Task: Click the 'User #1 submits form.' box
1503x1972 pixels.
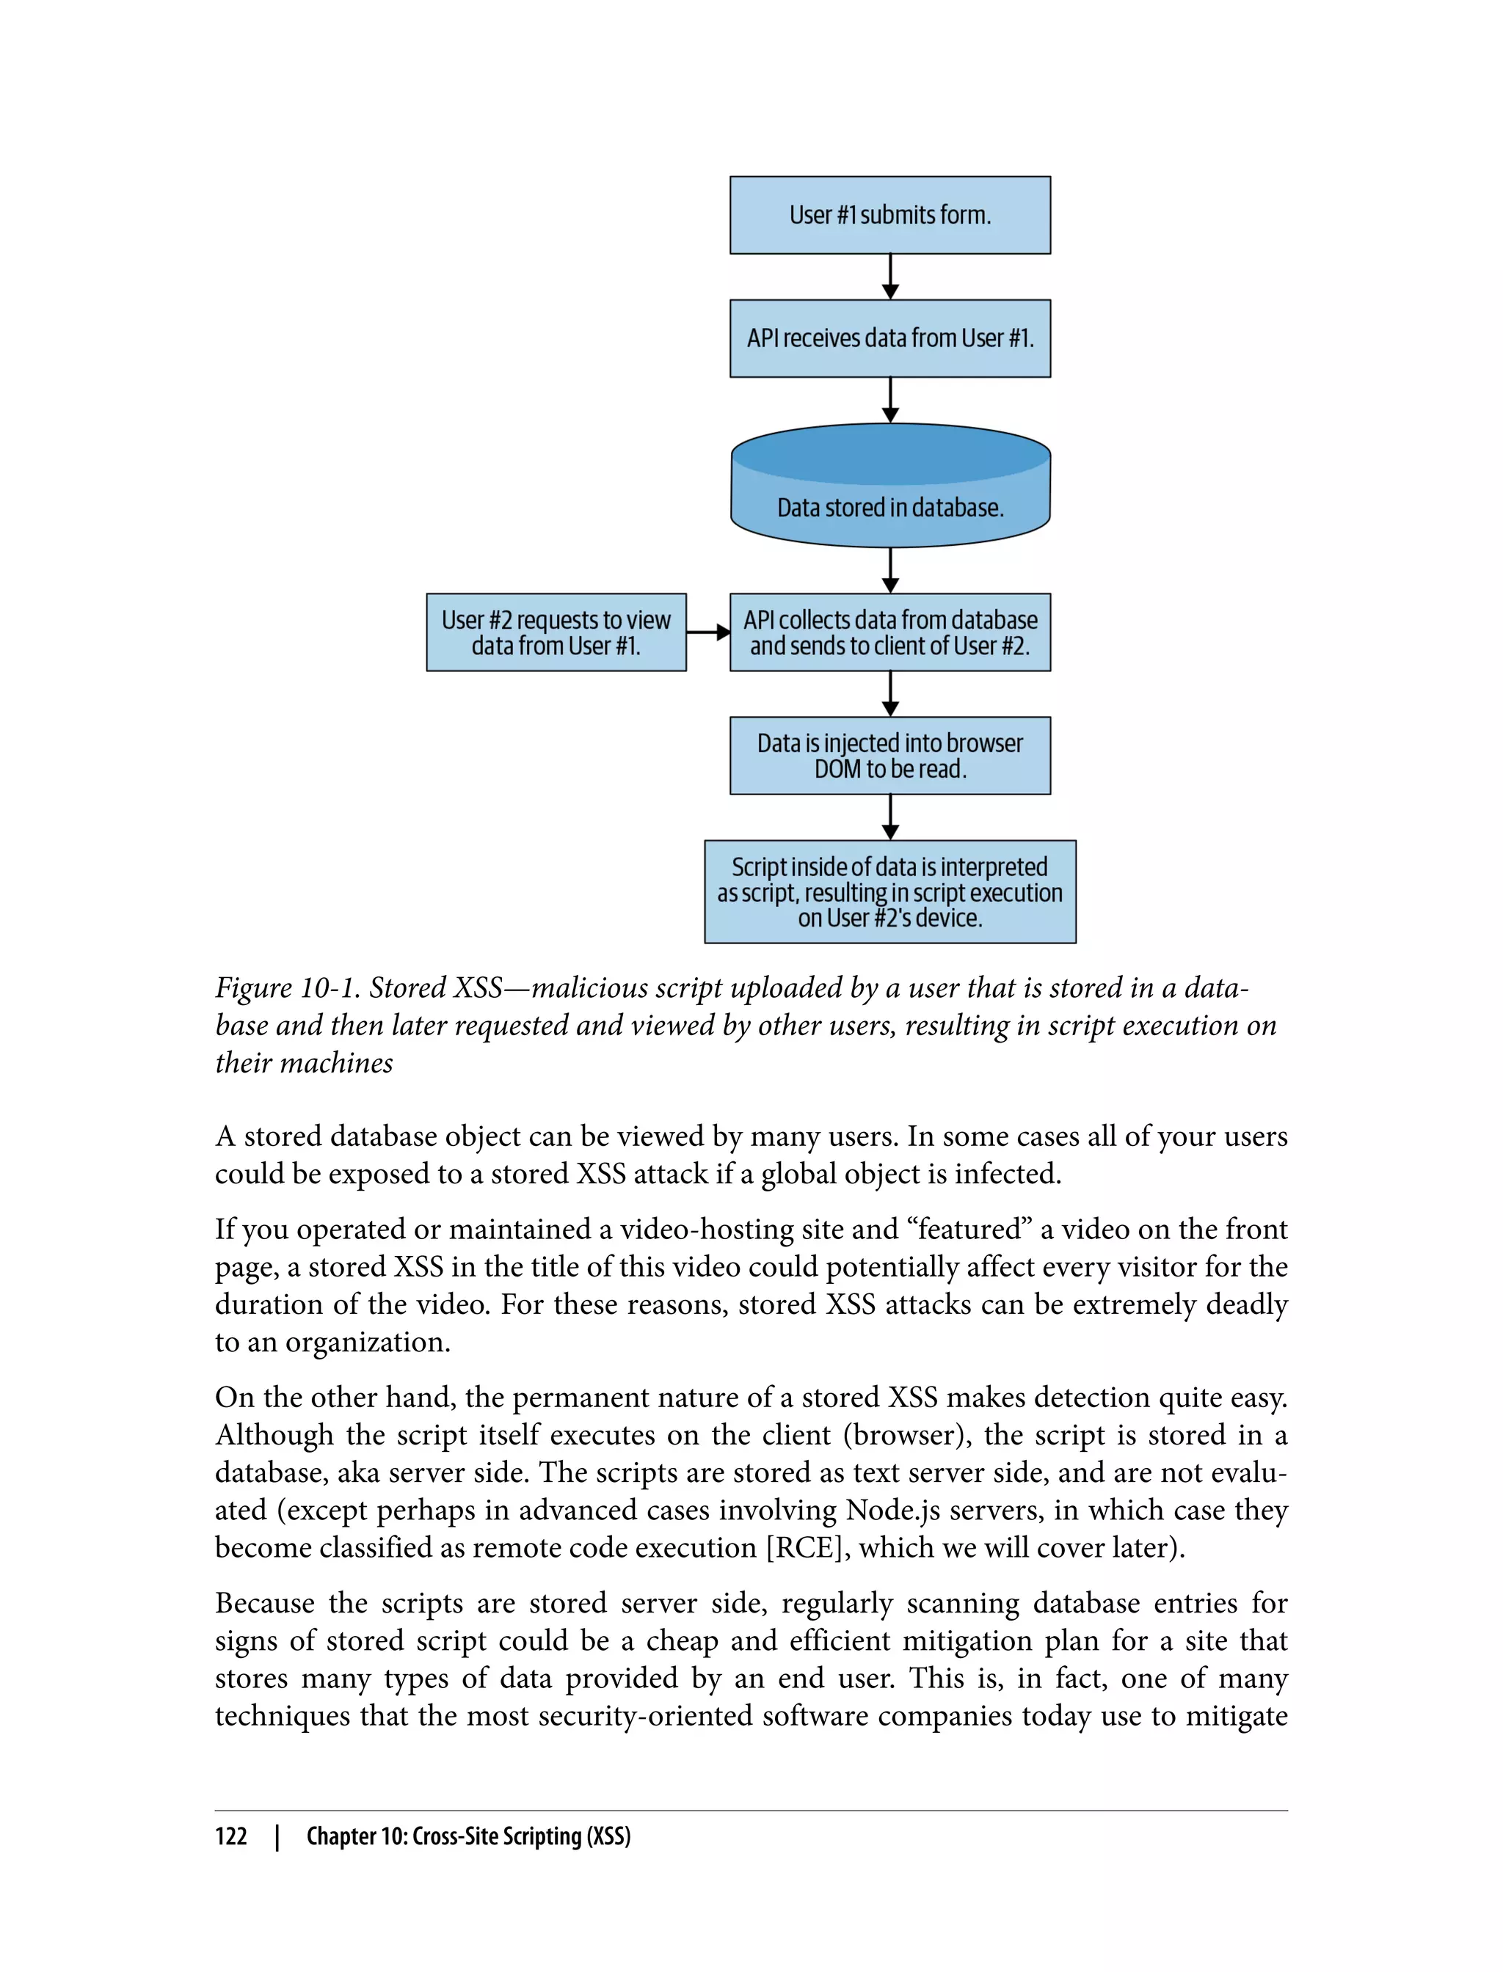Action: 889,215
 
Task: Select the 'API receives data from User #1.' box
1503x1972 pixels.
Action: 889,338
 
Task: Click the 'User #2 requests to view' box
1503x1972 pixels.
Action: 556,632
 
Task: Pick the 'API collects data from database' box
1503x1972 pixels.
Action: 889,632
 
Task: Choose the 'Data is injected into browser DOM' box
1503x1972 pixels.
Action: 889,756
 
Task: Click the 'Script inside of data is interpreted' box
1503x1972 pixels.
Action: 889,891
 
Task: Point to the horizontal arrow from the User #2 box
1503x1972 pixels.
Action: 708,632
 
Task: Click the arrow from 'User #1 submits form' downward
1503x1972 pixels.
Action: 890,277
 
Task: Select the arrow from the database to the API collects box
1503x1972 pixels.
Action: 890,571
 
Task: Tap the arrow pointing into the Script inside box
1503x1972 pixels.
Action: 890,817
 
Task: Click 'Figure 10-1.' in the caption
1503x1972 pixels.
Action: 286,988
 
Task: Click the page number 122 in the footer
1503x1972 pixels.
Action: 231,1836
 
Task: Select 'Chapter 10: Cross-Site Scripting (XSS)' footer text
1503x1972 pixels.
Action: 468,1836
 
